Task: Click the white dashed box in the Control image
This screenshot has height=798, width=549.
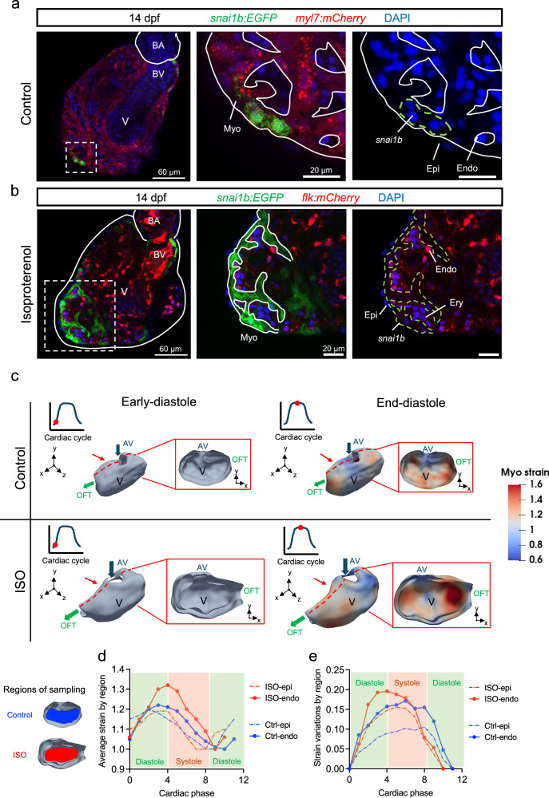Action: point(81,157)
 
